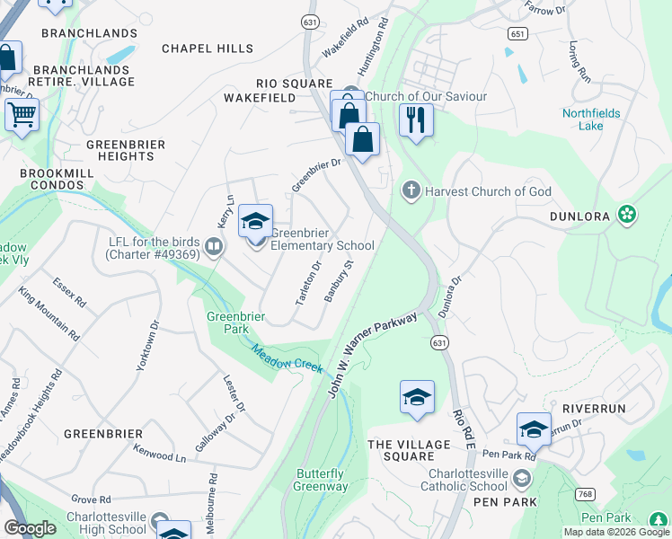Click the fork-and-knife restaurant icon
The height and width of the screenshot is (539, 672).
[415, 120]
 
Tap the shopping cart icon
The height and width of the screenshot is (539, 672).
[22, 115]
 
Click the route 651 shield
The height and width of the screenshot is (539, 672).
[516, 33]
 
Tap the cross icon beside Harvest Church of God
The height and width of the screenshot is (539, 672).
[411, 190]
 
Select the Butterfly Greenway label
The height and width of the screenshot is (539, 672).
[320, 480]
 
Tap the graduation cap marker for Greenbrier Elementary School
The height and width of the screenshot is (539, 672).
[255, 222]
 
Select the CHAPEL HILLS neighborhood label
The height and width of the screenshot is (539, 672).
[208, 49]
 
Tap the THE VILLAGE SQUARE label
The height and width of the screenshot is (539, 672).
[409, 451]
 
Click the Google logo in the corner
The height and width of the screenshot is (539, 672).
[30, 528]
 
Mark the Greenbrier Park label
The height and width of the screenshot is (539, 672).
[228, 323]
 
